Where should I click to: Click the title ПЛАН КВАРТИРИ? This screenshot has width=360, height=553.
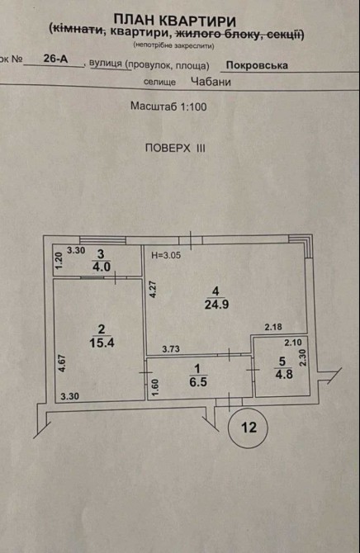click(175, 20)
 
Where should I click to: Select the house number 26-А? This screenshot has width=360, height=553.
click(55, 59)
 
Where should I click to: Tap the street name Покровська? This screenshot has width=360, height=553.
click(257, 65)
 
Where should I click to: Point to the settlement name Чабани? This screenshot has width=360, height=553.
click(211, 82)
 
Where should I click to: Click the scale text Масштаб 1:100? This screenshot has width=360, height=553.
click(168, 106)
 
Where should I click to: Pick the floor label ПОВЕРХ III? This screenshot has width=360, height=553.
click(175, 148)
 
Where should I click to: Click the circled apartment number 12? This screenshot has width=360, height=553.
click(249, 428)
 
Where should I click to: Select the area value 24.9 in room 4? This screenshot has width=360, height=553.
click(216, 304)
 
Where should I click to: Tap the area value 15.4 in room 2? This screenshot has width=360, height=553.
click(102, 343)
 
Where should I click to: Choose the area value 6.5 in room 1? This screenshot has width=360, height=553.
click(197, 382)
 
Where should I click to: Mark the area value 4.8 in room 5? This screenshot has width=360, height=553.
click(284, 374)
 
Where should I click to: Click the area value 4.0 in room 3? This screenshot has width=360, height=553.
click(102, 267)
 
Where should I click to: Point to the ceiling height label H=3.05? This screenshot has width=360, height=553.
click(166, 255)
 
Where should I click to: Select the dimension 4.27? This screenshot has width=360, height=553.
click(153, 289)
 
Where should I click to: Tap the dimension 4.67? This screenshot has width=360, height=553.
click(63, 363)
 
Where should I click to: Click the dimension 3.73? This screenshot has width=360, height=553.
click(171, 349)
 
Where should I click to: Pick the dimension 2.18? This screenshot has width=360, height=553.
click(273, 327)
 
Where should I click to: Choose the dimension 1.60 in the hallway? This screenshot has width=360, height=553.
click(156, 388)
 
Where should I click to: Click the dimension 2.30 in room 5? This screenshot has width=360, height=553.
click(303, 358)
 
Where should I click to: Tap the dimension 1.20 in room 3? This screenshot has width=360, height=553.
click(59, 259)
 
